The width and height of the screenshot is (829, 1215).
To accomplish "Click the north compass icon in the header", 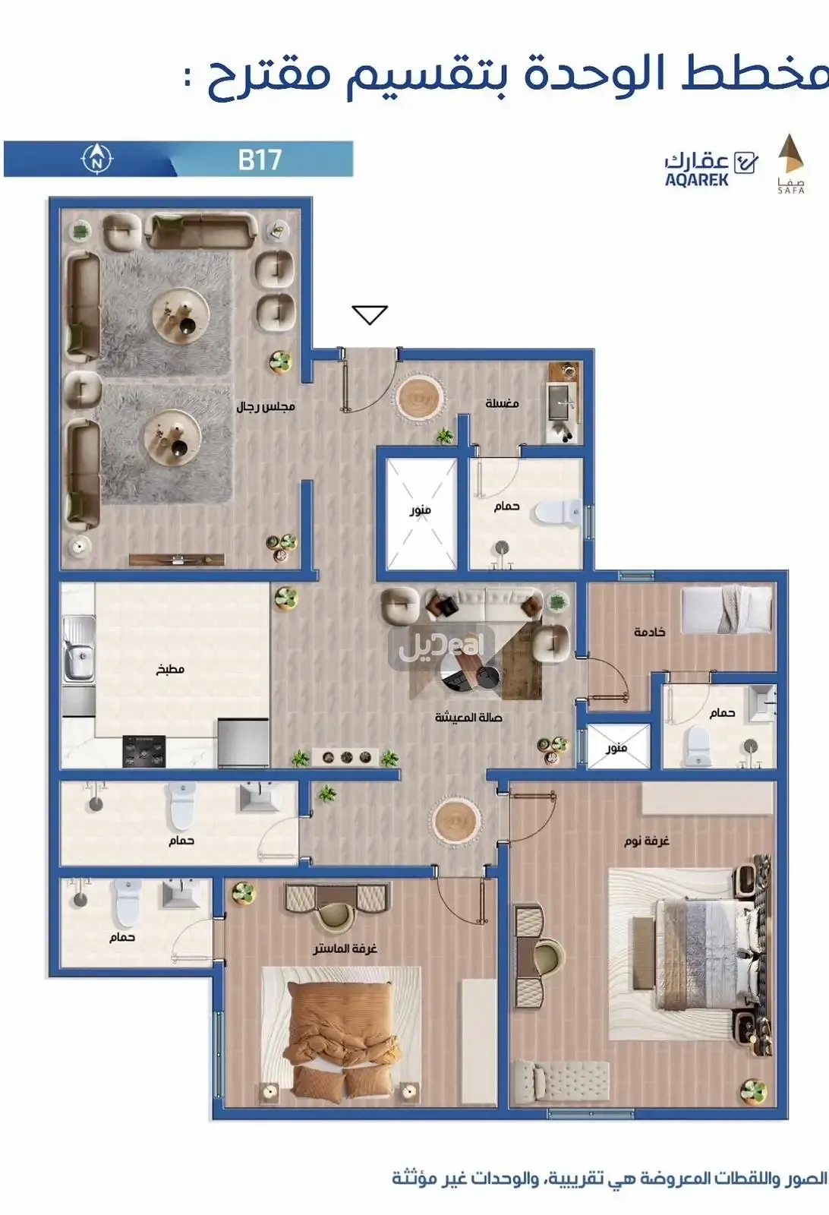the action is pos(97,159).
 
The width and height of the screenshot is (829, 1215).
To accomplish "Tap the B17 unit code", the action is pos(260,159).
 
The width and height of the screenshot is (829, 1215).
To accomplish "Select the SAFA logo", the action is pos(791,163).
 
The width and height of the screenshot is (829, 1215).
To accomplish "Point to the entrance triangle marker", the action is pos(370,314).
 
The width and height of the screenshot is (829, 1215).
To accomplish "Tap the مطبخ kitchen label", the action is pos(170,669).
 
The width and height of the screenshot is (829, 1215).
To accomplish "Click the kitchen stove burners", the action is pos(143,751).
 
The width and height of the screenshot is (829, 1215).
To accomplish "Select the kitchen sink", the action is pos(78,649).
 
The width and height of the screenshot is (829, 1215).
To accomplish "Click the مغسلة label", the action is pos(502,403).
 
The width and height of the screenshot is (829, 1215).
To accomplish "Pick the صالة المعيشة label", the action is pos(468,718).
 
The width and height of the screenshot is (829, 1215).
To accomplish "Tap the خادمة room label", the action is pos(650,632).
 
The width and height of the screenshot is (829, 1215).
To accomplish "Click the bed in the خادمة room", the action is pos(727,609).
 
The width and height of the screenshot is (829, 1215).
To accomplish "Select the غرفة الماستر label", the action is pos(345,948).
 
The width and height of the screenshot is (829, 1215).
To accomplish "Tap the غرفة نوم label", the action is pos(647,841).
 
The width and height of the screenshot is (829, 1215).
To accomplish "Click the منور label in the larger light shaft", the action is pos(420,510).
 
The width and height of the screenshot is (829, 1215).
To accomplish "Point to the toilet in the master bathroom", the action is pos(127,901).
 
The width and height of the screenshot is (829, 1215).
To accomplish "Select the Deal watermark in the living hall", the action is pos(441,646).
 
